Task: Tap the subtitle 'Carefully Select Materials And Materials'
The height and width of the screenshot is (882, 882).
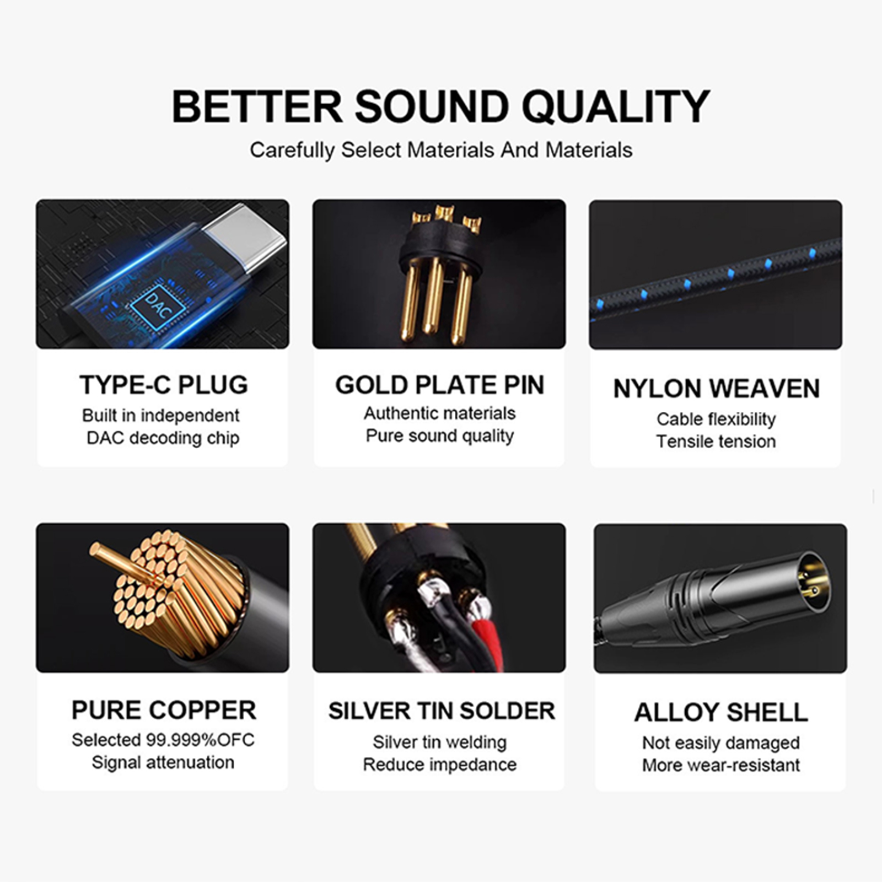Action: [441, 150]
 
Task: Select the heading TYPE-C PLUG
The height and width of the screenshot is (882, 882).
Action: [164, 385]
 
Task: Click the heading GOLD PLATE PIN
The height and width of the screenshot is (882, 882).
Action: [440, 385]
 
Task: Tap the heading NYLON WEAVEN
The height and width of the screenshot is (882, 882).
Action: [717, 389]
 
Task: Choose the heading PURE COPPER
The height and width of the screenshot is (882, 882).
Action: [164, 710]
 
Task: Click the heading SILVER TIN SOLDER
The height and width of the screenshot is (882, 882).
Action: [442, 711]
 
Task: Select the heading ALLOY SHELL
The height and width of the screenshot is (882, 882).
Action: [721, 712]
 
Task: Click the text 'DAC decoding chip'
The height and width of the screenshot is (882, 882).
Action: [163, 438]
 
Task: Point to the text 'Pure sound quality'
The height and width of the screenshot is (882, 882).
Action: [440, 436]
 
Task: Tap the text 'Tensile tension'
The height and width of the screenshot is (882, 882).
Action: [716, 442]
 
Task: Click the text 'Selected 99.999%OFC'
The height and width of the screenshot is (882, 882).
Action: [163, 740]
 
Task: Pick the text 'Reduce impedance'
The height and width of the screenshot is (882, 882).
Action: [440, 765]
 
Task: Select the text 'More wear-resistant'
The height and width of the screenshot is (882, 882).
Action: [721, 765]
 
